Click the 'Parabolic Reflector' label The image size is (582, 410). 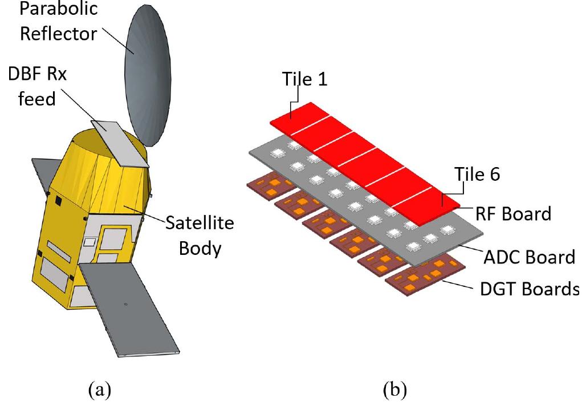point(59,22)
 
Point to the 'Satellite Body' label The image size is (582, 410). point(200,236)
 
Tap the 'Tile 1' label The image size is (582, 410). point(305,80)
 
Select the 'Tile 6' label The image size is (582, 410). point(477,174)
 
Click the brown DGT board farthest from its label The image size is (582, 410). point(268,185)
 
